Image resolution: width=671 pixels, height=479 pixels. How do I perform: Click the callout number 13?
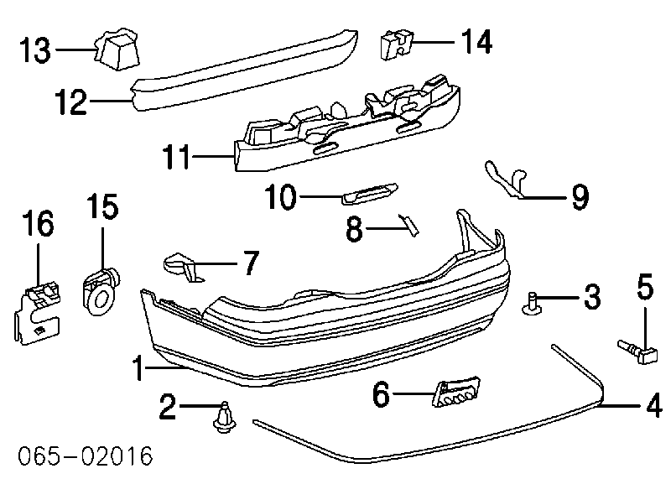[36, 49]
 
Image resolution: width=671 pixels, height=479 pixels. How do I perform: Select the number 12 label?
[70, 103]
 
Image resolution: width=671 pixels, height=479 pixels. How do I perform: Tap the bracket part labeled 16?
[38, 308]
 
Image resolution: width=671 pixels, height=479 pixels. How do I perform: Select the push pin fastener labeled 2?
[224, 416]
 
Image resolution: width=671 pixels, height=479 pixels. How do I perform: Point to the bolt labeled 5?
[639, 351]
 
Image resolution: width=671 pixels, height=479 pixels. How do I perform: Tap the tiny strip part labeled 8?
[410, 224]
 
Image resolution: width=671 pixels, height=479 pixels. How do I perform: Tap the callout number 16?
[38, 225]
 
